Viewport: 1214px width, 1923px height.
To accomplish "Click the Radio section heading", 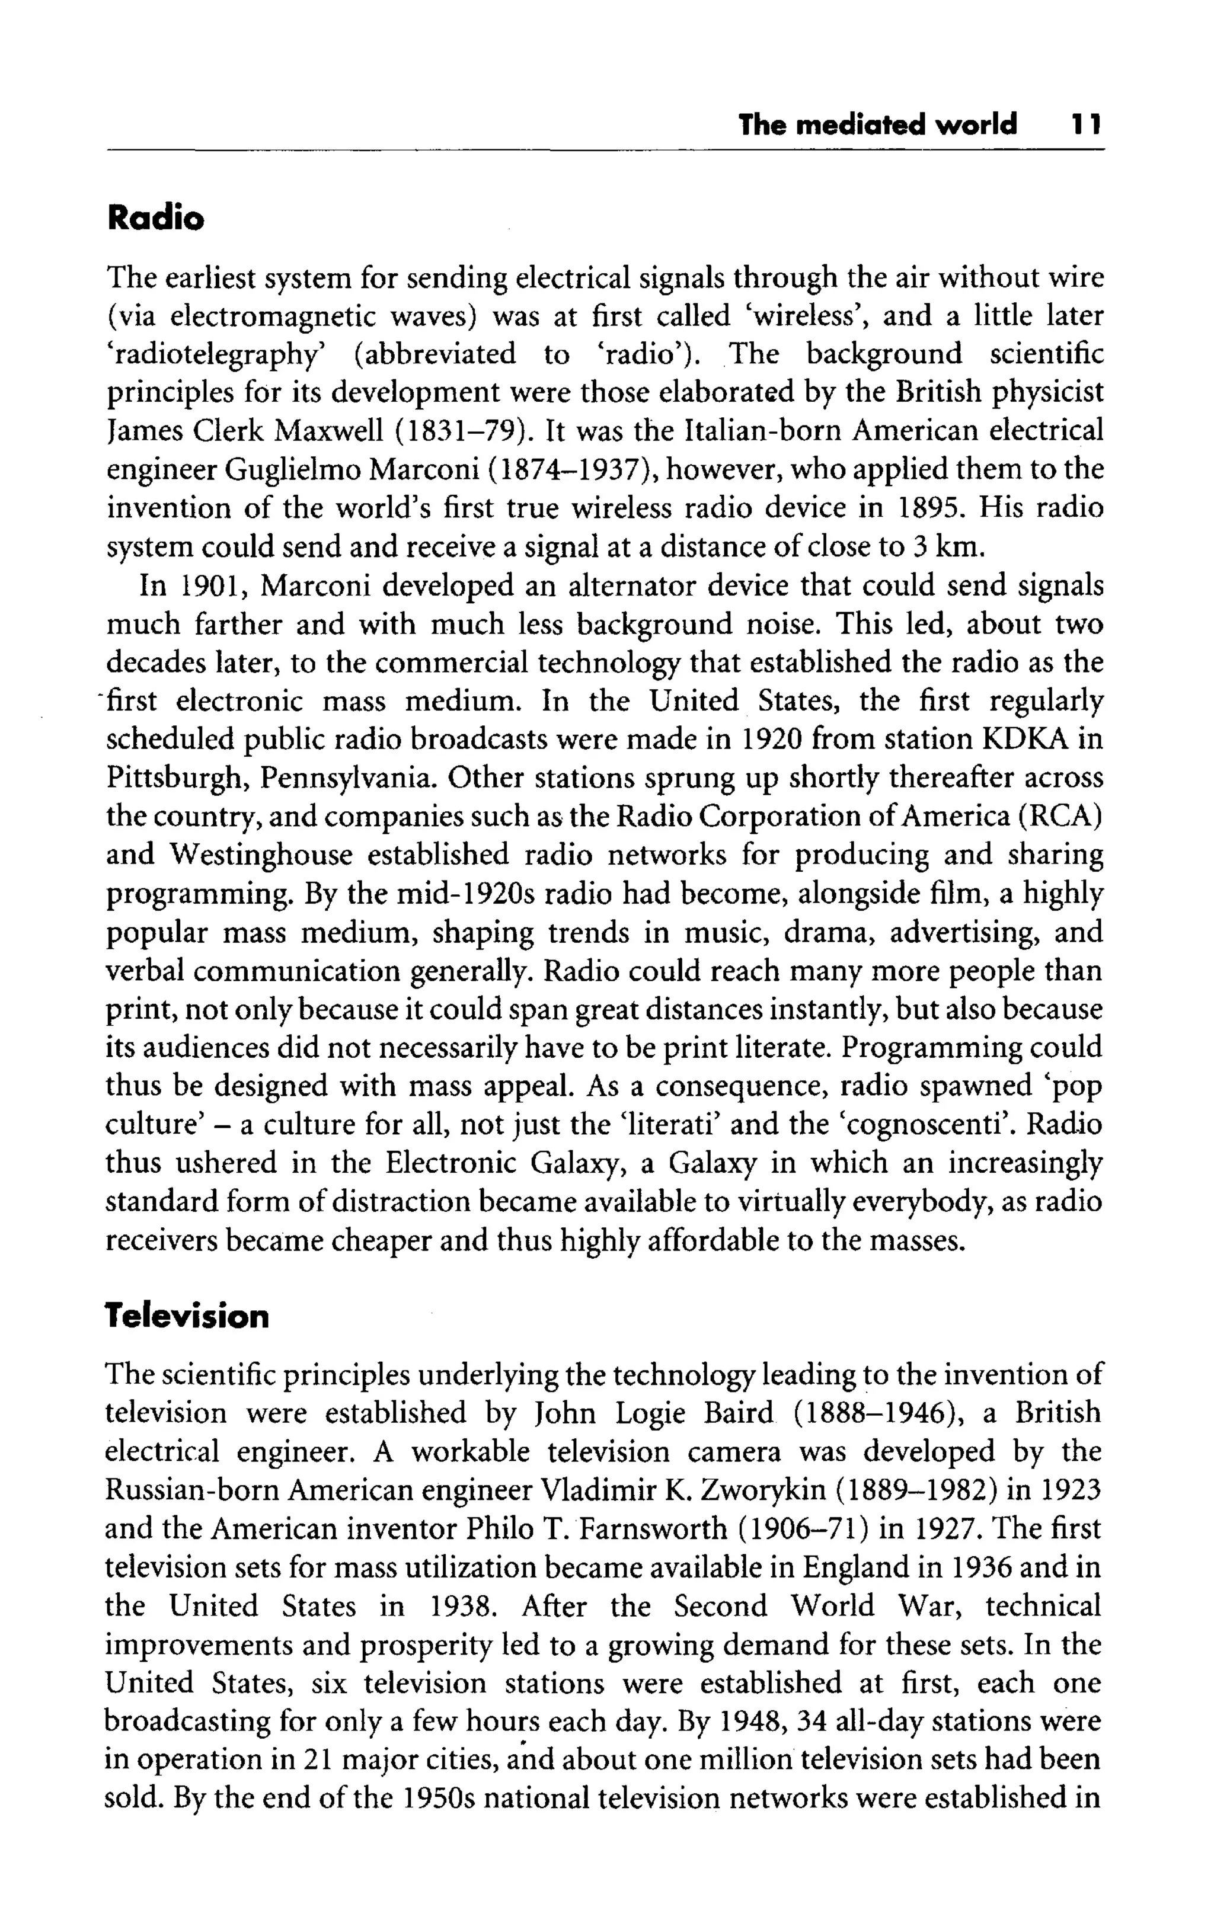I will (x=156, y=218).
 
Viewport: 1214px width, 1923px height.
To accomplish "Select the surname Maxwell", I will (x=329, y=431).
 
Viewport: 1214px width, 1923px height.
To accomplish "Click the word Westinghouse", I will (x=260, y=855).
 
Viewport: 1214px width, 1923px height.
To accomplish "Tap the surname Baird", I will (x=739, y=1413).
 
